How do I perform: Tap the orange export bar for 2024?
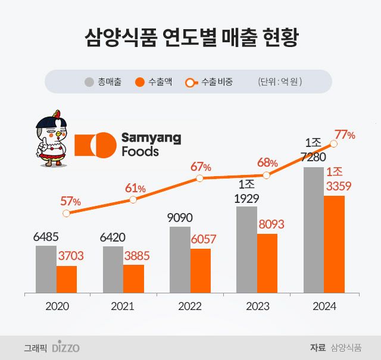(x=334, y=245)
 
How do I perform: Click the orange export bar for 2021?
(x=133, y=279)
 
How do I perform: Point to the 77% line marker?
(x=334, y=143)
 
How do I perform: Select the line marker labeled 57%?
(x=66, y=213)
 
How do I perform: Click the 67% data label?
(x=201, y=166)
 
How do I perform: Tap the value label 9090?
(x=180, y=218)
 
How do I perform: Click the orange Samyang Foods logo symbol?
(x=95, y=145)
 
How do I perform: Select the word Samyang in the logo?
(x=151, y=138)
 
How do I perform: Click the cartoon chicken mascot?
(x=51, y=140)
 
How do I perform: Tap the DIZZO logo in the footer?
(x=65, y=348)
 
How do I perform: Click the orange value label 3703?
(x=70, y=256)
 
